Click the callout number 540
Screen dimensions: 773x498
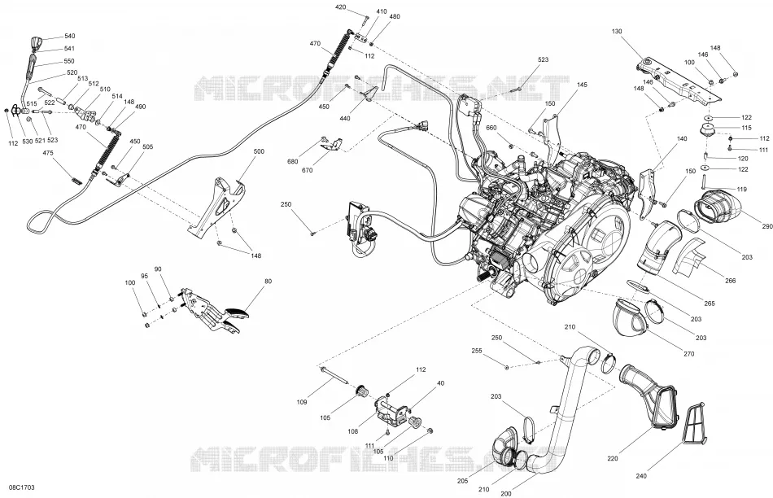[69, 37]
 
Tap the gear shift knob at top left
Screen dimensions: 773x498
[37, 43]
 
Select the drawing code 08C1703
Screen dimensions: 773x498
[22, 487]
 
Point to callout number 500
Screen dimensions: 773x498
[259, 152]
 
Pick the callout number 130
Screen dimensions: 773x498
[617, 32]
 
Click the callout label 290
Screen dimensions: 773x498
[767, 227]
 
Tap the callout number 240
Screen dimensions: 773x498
[641, 476]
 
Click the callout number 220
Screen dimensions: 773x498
[612, 459]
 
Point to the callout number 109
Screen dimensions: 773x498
[302, 402]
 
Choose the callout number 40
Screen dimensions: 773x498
[441, 383]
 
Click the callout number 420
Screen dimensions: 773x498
[341, 7]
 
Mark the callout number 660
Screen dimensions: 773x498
[491, 129]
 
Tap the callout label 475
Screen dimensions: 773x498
[48, 153]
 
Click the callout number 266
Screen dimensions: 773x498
[730, 281]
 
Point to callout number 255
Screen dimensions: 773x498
[477, 351]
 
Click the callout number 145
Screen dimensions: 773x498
[583, 85]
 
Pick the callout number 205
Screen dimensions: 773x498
[463, 481]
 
